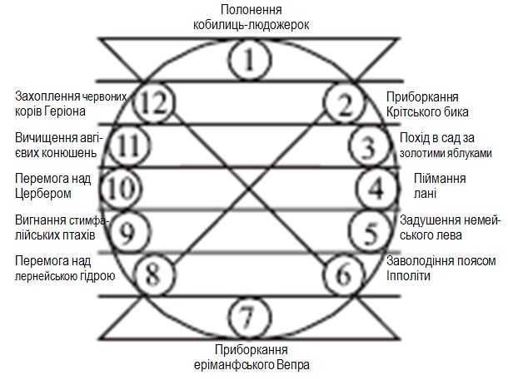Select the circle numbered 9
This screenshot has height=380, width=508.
coord(127,230)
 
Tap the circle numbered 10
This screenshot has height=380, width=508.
coord(117,188)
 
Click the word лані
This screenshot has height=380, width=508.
coord(431,194)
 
